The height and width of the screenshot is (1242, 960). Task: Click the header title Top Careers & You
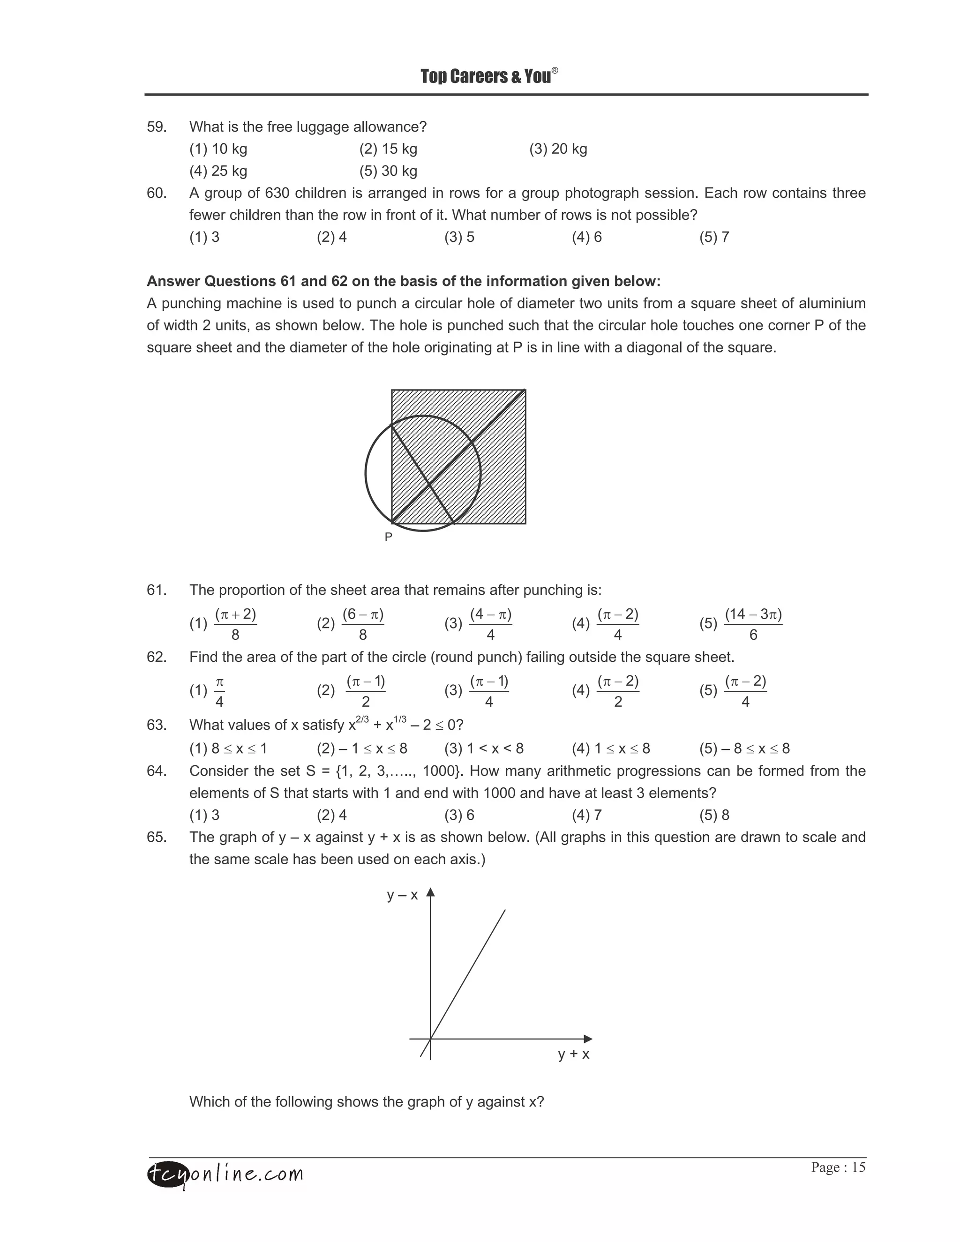click(488, 76)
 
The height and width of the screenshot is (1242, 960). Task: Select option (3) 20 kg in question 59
click(558, 149)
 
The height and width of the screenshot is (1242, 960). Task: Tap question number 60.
click(157, 194)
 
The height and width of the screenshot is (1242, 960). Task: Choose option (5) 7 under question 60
click(714, 237)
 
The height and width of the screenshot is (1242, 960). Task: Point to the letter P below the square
click(389, 537)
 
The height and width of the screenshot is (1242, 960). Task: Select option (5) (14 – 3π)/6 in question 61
click(741, 624)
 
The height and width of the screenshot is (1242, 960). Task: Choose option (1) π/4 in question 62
click(208, 691)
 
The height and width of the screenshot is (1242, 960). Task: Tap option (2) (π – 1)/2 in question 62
click(352, 691)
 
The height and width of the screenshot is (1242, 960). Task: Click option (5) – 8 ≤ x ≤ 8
click(744, 748)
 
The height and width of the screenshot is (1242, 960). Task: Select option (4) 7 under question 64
click(587, 816)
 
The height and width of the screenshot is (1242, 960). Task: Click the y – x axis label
click(402, 895)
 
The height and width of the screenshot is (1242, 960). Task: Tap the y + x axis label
click(573, 1055)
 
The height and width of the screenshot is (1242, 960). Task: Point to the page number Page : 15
click(838, 1167)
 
